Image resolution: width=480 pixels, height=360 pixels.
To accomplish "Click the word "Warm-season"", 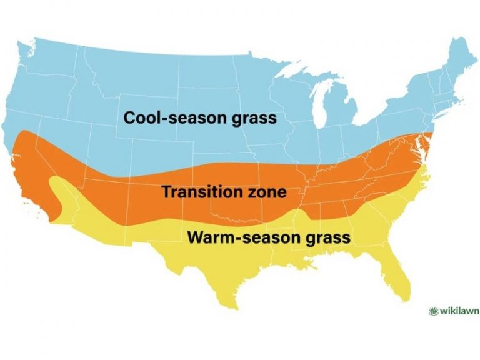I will (230, 238).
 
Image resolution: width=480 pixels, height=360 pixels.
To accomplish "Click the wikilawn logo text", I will (456, 311).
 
